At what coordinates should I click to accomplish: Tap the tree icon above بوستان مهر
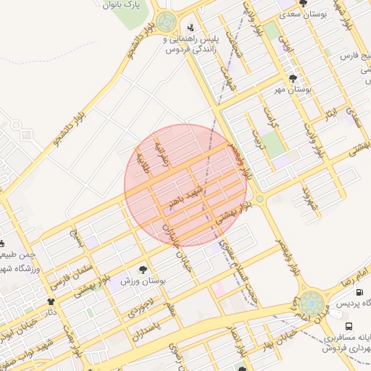click(293, 78)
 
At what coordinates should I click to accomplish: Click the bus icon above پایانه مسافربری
click(349, 327)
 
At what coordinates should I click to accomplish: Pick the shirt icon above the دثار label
click(51, 301)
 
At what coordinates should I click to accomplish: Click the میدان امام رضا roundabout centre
click(312, 302)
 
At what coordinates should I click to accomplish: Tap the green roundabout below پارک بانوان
click(166, 20)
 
